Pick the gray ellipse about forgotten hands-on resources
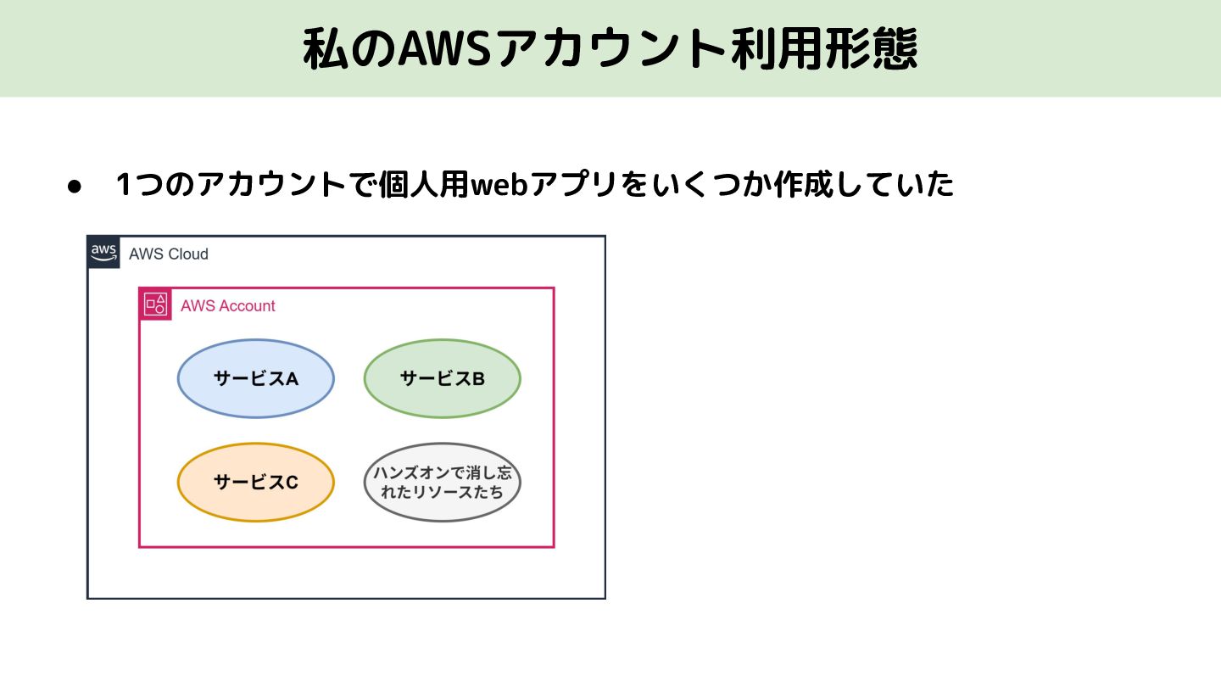click(442, 482)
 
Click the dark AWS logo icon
click(103, 252)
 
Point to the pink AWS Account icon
click(155, 304)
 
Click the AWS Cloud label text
click(169, 254)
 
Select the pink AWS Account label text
click(228, 306)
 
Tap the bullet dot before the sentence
click(74, 186)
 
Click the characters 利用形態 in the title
click(822, 50)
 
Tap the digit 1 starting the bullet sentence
click(124, 184)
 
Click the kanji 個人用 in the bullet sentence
click(424, 184)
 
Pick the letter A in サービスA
click(292, 379)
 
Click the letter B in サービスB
click(478, 379)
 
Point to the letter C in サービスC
click(292, 483)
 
